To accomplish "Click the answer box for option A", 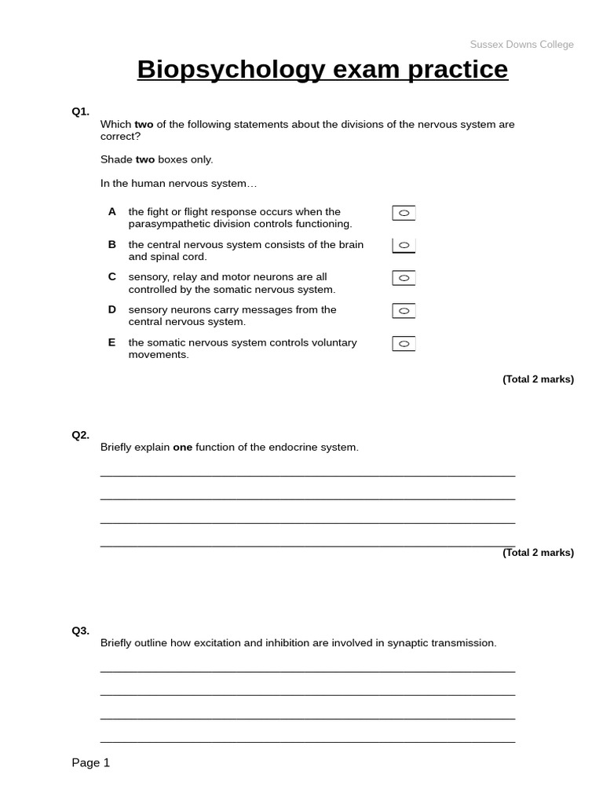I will [x=404, y=213].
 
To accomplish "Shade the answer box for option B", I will [x=404, y=246].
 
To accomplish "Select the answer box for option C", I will [x=404, y=278].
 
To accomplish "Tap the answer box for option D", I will [x=404, y=311].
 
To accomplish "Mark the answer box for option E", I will [x=404, y=344].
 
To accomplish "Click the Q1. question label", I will [x=81, y=111].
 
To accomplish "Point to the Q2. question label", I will [x=81, y=435].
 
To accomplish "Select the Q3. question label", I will [x=81, y=630].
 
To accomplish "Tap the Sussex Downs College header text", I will [x=521, y=45].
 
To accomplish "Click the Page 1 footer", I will [x=91, y=762].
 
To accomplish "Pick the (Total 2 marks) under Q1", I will [x=538, y=379].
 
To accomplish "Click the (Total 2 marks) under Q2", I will [x=538, y=553].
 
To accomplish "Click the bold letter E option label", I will [x=111, y=342].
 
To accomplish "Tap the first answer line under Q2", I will [x=308, y=475].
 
